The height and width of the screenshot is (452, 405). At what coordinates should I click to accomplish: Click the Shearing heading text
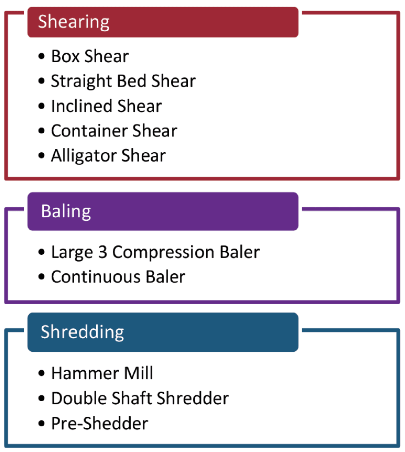74,22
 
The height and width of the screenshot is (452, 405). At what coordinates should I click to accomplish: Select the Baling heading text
66,211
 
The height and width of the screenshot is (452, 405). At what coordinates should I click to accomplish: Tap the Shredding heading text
82,332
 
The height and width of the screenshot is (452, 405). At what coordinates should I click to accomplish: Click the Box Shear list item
90,56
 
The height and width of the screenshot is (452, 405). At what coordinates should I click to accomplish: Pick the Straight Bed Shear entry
123,82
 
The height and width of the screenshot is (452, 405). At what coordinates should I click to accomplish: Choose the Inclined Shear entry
106,106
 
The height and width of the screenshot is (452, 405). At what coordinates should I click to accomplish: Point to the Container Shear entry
114,131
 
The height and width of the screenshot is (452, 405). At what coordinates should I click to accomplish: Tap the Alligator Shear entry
108,156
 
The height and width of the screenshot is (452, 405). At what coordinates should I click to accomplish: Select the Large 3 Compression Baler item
155,252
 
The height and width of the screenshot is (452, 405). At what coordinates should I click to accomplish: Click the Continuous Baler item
118,277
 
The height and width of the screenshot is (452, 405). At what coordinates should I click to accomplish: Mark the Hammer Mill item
102,373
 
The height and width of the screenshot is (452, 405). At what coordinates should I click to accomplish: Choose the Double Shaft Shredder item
140,399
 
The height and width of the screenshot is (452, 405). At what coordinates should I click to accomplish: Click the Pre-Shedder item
99,423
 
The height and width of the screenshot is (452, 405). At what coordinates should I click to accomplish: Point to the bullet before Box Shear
42,56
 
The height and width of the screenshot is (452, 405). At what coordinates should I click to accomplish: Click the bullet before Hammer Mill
42,373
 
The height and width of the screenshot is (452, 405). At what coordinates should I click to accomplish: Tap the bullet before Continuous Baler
42,277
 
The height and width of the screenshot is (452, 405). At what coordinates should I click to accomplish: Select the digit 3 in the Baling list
103,252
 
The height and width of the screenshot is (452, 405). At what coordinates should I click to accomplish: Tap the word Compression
163,252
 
